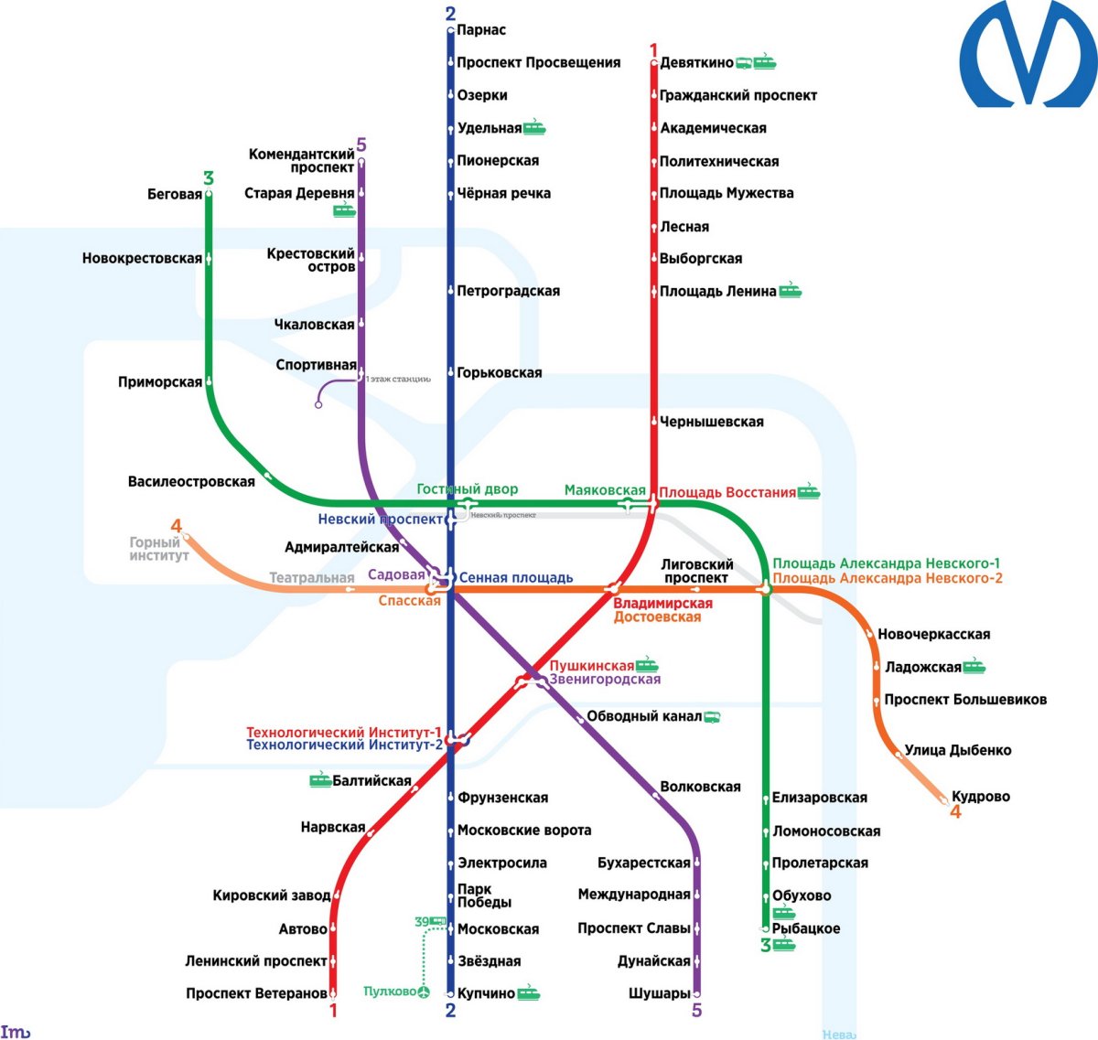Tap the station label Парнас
pos(481,30)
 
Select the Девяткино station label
pos(696,62)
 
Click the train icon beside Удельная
pos(534,128)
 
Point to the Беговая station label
pos(174,194)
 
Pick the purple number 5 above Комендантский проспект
pos(361,145)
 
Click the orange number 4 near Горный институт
pos(177,526)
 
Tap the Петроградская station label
pos(509,291)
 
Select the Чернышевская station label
pos(712,422)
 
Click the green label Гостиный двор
pos(467,489)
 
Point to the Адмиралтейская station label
pos(341,547)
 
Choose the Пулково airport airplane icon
pos(424,992)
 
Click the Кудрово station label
pos(980,796)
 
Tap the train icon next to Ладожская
pos(974,667)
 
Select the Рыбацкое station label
pos(806,928)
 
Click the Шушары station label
pos(659,993)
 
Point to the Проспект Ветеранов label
pos(256,993)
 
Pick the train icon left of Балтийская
pos(319,780)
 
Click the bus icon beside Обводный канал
pos(712,716)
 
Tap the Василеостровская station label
pos(191,481)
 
